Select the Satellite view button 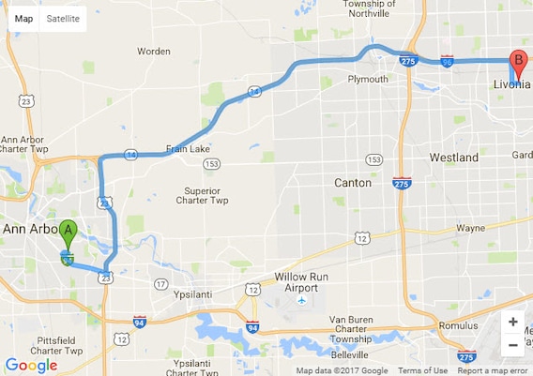click(x=63, y=19)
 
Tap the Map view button click(x=23, y=19)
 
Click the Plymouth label click(x=368, y=80)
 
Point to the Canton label click(x=353, y=183)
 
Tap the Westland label click(x=454, y=158)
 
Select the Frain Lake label click(x=188, y=148)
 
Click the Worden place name click(x=154, y=51)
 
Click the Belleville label click(x=350, y=356)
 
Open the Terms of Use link click(x=422, y=370)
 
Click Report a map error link click(x=493, y=370)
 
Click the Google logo click(x=31, y=365)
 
